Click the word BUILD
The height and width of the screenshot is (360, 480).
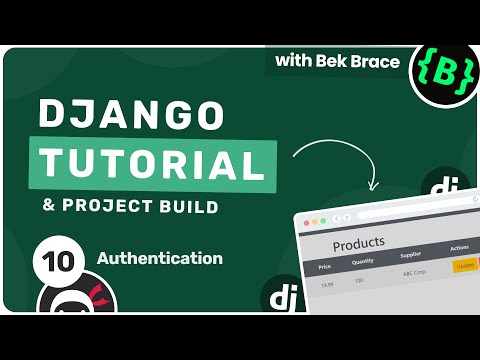pos(185,207)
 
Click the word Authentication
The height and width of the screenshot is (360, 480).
pos(159,258)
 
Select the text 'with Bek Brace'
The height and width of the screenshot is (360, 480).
pos(339,62)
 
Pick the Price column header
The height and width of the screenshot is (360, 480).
pos(325,267)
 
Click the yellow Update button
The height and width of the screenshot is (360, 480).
pos(465,266)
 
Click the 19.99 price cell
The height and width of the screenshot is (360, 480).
pos(326,285)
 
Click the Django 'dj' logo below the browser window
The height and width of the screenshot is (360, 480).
pos(277,296)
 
